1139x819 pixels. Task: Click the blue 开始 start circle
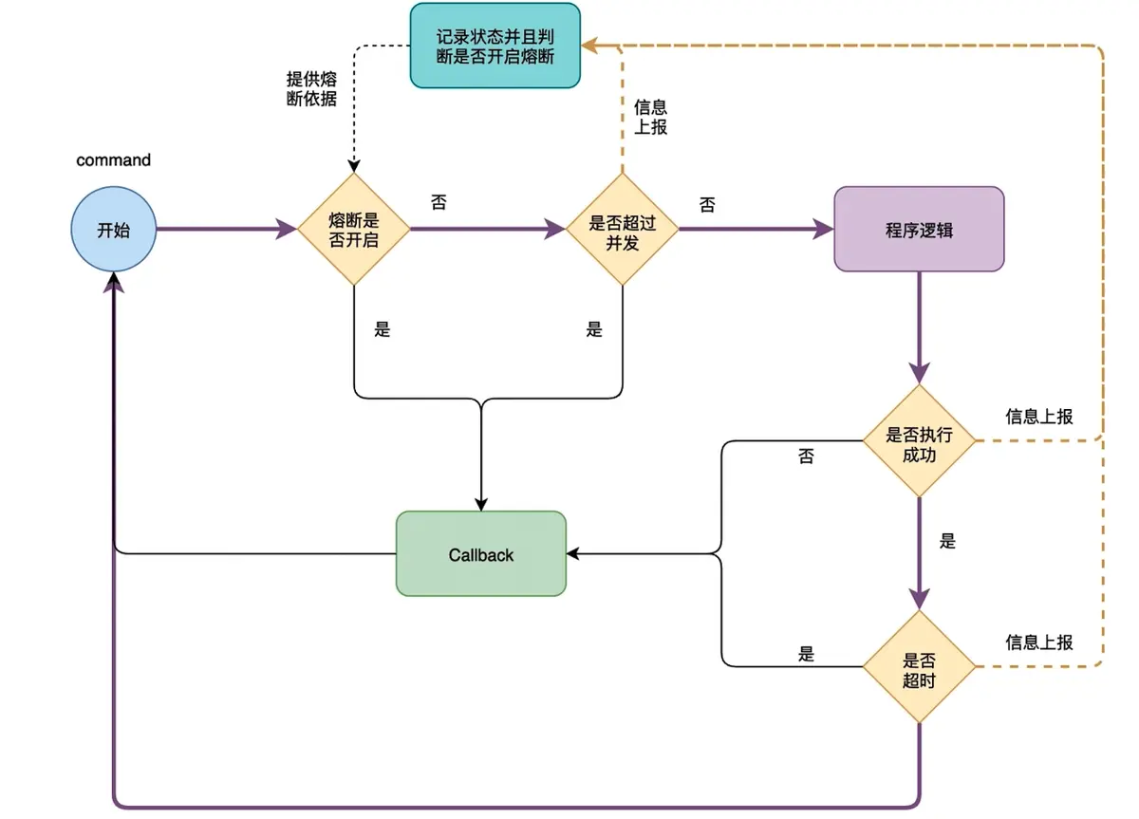tap(114, 229)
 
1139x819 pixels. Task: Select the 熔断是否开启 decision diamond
tap(353, 229)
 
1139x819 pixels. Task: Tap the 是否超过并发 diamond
tap(622, 230)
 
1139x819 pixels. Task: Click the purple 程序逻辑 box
tap(918, 229)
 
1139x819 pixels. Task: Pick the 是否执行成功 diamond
tap(918, 441)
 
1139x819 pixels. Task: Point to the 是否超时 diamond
tap(918, 668)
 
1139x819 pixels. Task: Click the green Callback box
tap(480, 554)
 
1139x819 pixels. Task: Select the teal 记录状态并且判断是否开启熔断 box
tap(494, 46)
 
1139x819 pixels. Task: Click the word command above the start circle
tap(113, 159)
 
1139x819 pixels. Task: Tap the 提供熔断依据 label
tap(311, 87)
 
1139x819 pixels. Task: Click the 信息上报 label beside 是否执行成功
tap(1039, 416)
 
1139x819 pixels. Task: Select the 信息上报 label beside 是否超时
tap(1039, 642)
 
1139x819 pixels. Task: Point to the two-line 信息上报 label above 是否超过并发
tap(650, 117)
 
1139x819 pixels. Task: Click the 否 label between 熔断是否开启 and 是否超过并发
tap(439, 203)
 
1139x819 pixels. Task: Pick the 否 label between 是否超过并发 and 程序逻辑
tap(707, 205)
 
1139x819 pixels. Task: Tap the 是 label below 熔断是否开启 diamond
tap(382, 330)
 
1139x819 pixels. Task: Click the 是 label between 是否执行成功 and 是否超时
tap(946, 541)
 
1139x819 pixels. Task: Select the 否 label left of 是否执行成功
tap(806, 457)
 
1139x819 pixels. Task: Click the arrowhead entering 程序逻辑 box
tap(822, 229)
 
